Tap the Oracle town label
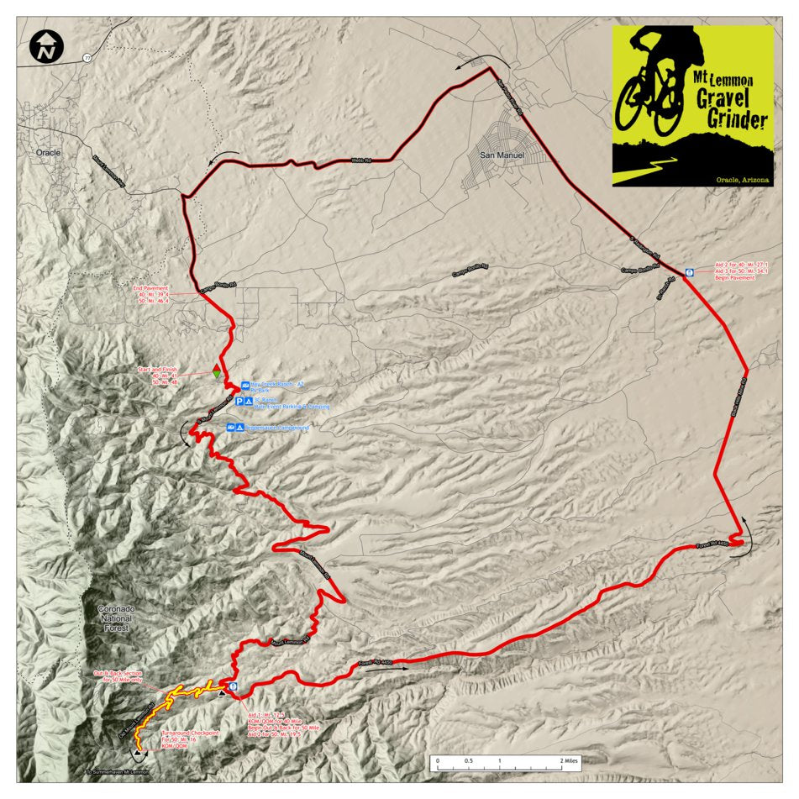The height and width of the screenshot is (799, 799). click(x=50, y=153)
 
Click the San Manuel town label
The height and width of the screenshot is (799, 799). click(x=501, y=154)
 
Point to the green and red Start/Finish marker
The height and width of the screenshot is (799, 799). click(x=216, y=372)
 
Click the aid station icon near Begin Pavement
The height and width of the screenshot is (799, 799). click(x=688, y=271)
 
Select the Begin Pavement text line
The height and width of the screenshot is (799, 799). click(x=736, y=278)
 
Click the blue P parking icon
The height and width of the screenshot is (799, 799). click(x=239, y=402)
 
